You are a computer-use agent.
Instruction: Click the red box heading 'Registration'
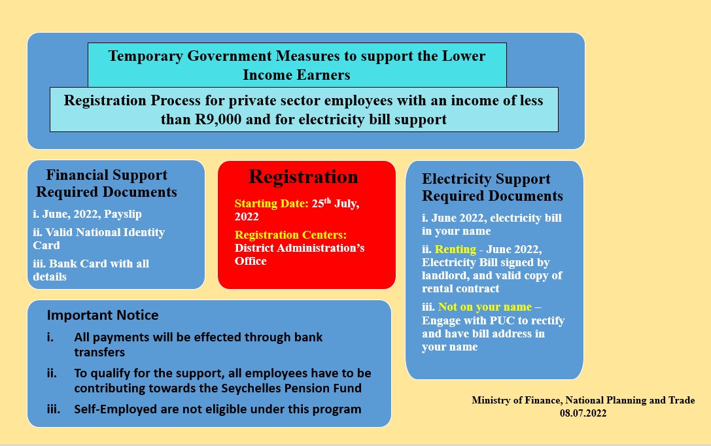click(303, 177)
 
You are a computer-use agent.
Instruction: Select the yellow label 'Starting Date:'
click(271, 203)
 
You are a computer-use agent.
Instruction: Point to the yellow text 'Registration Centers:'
click(290, 235)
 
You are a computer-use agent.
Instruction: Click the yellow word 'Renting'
click(455, 250)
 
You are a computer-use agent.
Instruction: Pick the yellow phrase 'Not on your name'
click(485, 307)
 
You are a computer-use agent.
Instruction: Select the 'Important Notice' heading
click(103, 315)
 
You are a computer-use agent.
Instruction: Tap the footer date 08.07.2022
click(583, 413)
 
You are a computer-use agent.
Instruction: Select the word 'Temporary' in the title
click(146, 56)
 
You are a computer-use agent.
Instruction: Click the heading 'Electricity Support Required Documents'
click(492, 187)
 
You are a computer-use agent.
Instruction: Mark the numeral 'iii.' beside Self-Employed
click(54, 409)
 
